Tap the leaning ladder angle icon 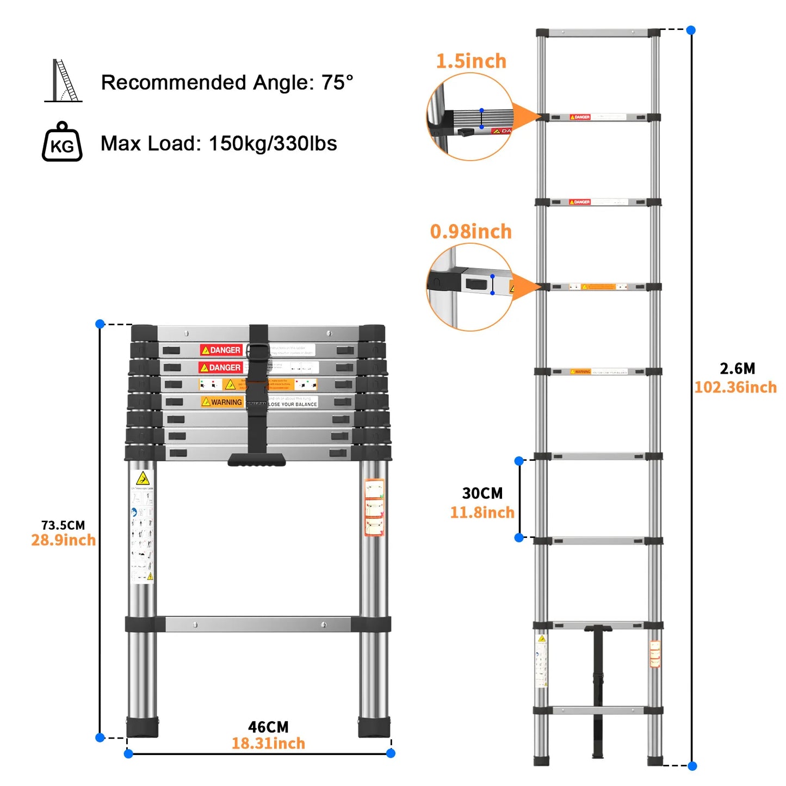tap(64, 81)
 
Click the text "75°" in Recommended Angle tap(337, 83)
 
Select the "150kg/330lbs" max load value tap(273, 144)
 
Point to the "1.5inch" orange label tap(471, 61)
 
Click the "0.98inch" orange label tap(471, 232)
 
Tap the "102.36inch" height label tap(735, 387)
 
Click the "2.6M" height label tap(738, 369)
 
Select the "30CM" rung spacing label tap(482, 493)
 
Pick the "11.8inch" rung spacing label tap(482, 512)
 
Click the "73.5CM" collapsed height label tap(63, 525)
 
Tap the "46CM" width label tap(268, 727)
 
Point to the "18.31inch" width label tap(268, 744)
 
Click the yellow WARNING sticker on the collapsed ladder tap(222, 402)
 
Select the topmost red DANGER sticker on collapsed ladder tap(221, 350)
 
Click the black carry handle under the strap tap(257, 460)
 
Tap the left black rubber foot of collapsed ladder tap(143, 727)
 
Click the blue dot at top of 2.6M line tap(691, 30)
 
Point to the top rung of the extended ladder tap(598, 33)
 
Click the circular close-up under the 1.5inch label tap(470, 117)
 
